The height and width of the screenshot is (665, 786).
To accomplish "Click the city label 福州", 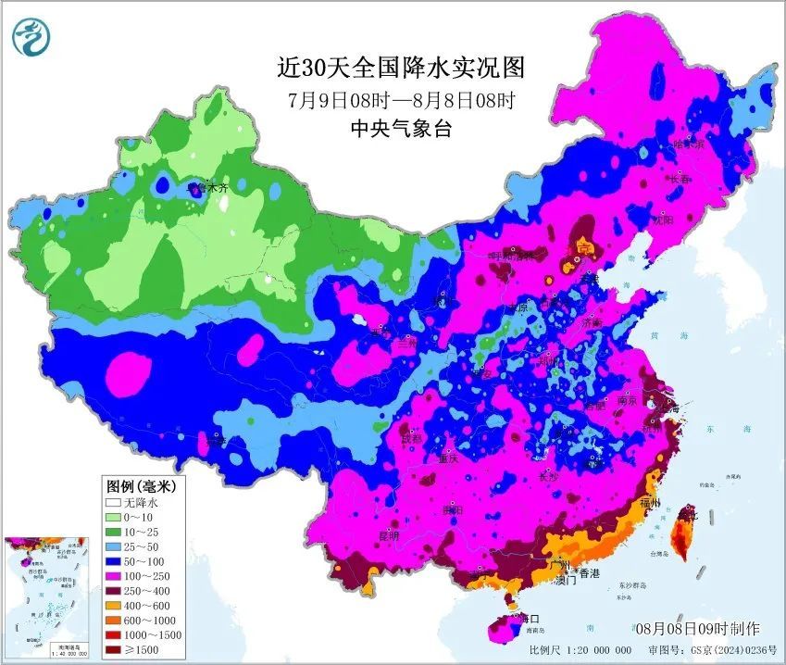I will (x=650, y=504).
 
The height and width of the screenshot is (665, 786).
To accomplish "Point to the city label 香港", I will (x=588, y=574).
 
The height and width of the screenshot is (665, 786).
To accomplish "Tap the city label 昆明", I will (x=389, y=536).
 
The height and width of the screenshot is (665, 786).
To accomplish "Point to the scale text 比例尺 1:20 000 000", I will (x=580, y=651).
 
